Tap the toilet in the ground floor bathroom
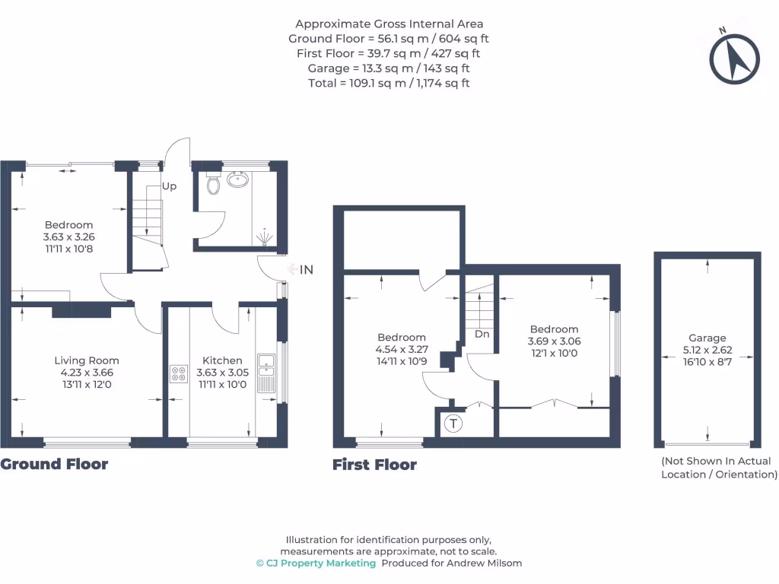[x=214, y=183]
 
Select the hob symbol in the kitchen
[x=179, y=374]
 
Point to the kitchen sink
[x=265, y=373]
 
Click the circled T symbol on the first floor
[x=453, y=424]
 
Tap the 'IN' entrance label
[x=307, y=269]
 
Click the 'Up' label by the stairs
[x=169, y=186]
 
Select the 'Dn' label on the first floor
[x=482, y=334]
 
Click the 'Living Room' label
[x=87, y=360]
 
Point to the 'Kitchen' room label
[x=222, y=360]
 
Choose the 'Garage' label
[x=707, y=338]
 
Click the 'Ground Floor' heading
[x=54, y=464]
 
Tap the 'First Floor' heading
[x=374, y=465]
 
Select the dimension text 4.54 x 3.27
[x=402, y=350]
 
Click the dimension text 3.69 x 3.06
[x=554, y=341]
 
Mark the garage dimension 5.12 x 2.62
[x=707, y=351]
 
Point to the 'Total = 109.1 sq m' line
[x=389, y=83]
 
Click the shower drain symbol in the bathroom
[x=264, y=236]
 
